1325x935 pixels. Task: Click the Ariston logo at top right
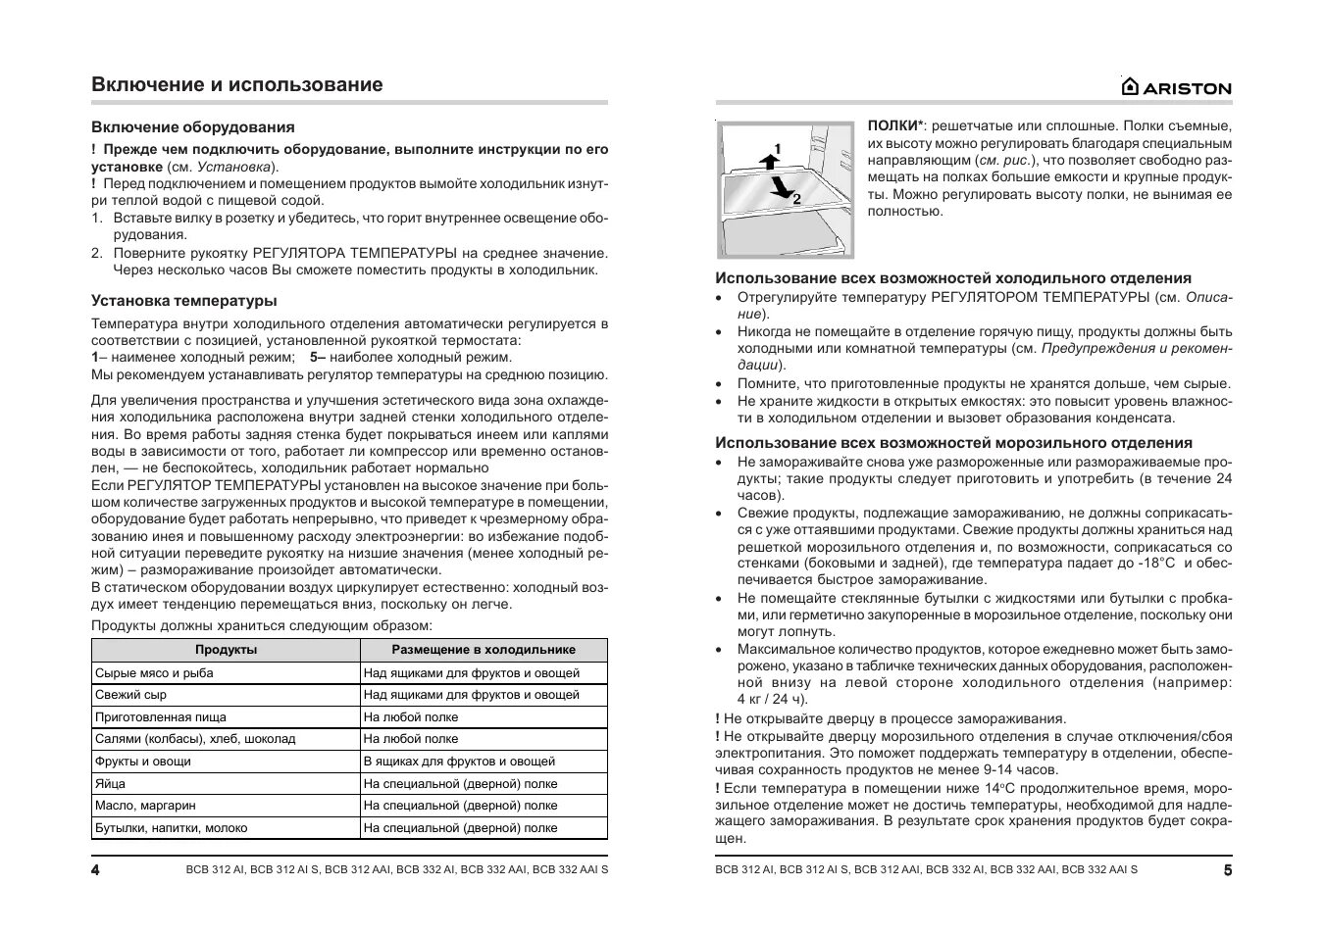[x=1177, y=87]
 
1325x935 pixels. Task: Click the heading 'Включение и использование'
[x=236, y=84]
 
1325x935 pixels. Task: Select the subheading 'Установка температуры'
[x=184, y=301]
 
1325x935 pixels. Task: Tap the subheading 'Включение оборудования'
[x=193, y=127]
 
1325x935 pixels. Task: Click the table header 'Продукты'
[x=226, y=650]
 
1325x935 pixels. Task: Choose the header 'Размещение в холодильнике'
[x=484, y=650]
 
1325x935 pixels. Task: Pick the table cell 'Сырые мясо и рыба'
[x=154, y=673]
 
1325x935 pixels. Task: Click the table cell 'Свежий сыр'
[x=130, y=695]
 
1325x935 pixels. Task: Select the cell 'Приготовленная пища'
[x=160, y=717]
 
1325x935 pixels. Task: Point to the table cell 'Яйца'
[x=110, y=784]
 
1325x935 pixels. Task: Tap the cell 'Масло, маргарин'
[x=145, y=806]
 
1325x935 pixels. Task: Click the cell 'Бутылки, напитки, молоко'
[x=171, y=828]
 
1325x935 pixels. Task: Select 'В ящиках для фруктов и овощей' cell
[x=459, y=762]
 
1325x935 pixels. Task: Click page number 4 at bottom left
[x=96, y=870]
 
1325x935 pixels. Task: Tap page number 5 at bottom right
[x=1227, y=870]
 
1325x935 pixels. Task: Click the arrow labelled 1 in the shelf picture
[x=768, y=155]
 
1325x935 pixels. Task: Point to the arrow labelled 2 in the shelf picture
[x=783, y=189]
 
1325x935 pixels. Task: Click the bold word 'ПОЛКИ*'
[x=895, y=126]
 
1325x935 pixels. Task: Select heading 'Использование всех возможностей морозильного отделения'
[x=953, y=443]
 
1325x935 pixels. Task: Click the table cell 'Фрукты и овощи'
[x=142, y=762]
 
